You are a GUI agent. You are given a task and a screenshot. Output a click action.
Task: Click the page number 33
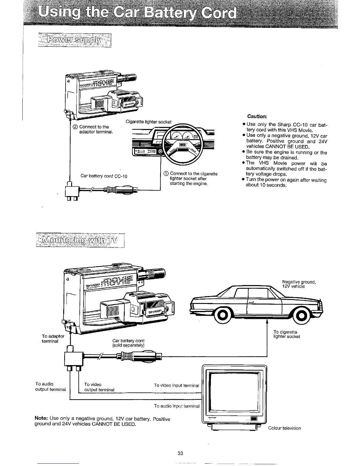(180, 453)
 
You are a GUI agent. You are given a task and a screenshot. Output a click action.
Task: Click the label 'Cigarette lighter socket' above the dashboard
(149, 122)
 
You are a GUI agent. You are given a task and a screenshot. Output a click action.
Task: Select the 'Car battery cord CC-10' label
(104, 176)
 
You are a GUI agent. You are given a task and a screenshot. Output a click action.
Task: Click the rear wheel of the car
(223, 316)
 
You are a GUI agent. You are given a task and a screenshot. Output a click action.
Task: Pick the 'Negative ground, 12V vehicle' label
(299, 284)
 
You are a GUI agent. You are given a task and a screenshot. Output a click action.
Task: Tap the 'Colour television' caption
(284, 428)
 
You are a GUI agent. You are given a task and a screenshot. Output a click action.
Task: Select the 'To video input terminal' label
(176, 385)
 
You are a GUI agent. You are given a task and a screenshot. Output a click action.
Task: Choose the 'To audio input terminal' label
(176, 406)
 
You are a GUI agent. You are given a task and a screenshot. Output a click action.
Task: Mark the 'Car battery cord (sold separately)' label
(128, 343)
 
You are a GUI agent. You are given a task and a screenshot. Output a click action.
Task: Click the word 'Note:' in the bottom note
(41, 418)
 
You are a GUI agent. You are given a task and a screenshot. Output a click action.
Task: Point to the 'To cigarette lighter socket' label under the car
(286, 334)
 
